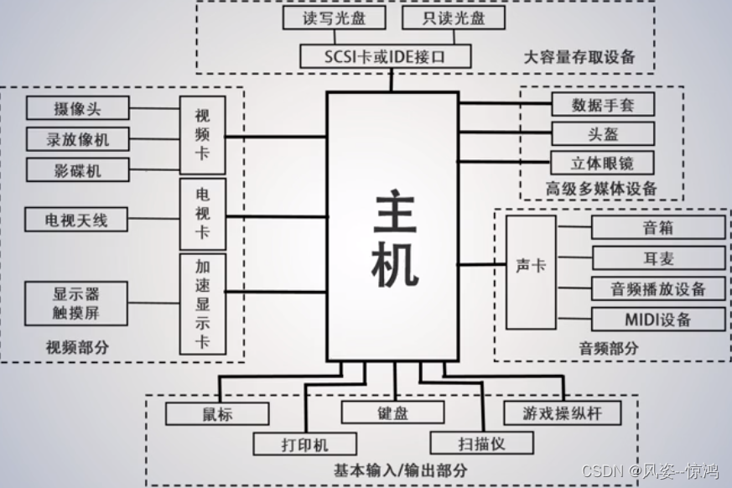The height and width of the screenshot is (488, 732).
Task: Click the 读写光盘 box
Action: [322, 18]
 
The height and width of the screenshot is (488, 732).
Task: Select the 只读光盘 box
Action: [442, 18]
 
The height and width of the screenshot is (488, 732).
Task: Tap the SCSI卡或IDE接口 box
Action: [385, 56]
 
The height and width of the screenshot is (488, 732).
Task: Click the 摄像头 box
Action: [77, 108]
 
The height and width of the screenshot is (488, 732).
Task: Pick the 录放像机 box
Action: [77, 138]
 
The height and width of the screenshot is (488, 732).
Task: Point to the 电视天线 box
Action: [77, 221]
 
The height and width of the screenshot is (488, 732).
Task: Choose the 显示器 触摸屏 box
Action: [77, 304]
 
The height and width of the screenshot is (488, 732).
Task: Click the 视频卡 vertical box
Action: [202, 134]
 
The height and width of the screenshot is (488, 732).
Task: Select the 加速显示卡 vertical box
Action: [202, 304]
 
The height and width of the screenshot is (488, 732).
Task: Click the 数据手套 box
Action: [602, 104]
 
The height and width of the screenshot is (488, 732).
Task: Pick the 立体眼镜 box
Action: [602, 163]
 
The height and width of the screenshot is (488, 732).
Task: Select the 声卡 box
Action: [530, 265]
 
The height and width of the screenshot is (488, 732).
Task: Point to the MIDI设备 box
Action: [657, 319]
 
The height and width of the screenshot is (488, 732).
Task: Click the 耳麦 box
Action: [657, 257]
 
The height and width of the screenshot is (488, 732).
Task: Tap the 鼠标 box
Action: [216, 413]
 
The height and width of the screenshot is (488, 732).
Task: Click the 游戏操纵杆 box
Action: [563, 413]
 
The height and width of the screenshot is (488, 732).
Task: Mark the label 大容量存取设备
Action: [579, 57]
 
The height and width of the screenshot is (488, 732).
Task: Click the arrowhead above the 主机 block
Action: [392, 76]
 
